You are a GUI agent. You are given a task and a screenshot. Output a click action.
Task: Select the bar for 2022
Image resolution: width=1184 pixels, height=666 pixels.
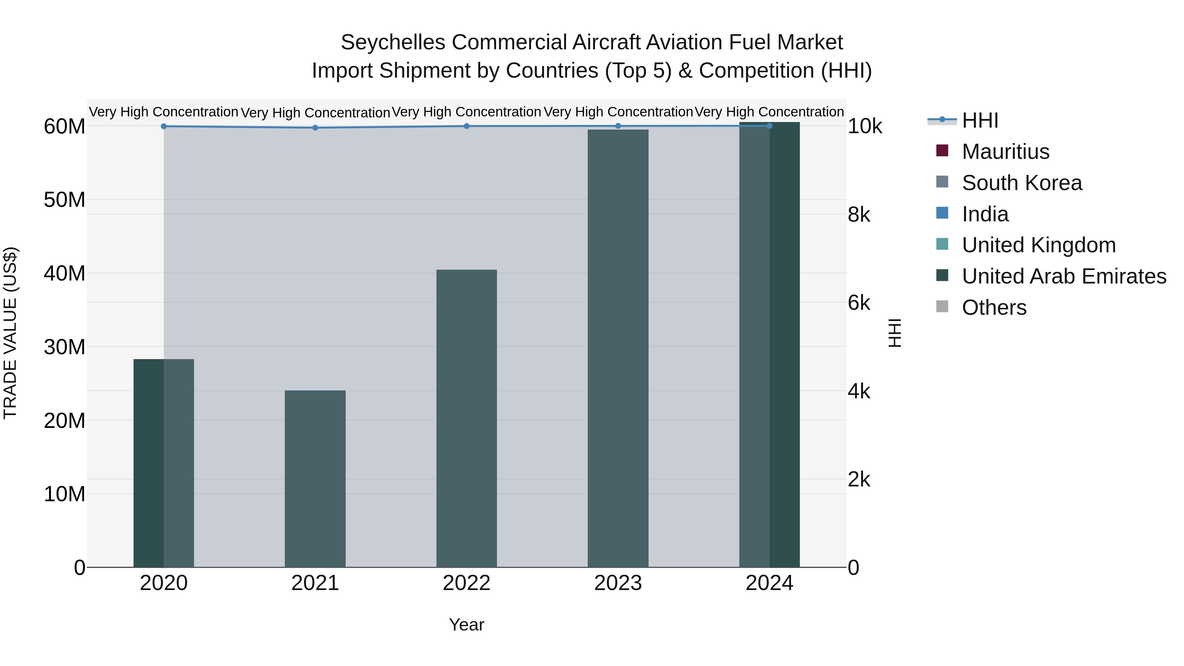coord(466,418)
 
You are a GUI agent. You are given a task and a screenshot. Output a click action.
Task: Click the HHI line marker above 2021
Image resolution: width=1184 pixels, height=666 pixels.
coord(315,128)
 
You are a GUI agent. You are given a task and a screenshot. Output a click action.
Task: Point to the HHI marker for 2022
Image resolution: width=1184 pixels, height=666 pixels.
coord(466,126)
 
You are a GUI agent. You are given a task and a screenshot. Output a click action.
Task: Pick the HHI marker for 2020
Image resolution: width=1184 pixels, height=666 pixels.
coord(164,126)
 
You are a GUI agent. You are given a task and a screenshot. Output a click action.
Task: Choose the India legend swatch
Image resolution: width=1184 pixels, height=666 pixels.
coord(942,213)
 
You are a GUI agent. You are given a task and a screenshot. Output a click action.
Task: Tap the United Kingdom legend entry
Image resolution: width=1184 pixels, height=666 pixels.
coord(1038,245)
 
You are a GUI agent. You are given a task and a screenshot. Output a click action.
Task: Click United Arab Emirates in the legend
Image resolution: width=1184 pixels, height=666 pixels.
coord(1064,276)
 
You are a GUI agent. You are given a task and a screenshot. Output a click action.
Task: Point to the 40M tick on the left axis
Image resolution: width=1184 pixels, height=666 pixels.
coord(64,274)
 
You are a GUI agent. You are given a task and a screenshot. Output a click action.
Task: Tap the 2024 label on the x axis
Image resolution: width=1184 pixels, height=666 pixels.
coord(769,583)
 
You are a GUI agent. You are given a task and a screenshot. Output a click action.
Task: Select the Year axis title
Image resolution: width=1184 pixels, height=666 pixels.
coord(466,625)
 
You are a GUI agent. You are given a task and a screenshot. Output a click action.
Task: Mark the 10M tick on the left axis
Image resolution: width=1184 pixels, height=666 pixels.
coord(64,494)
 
